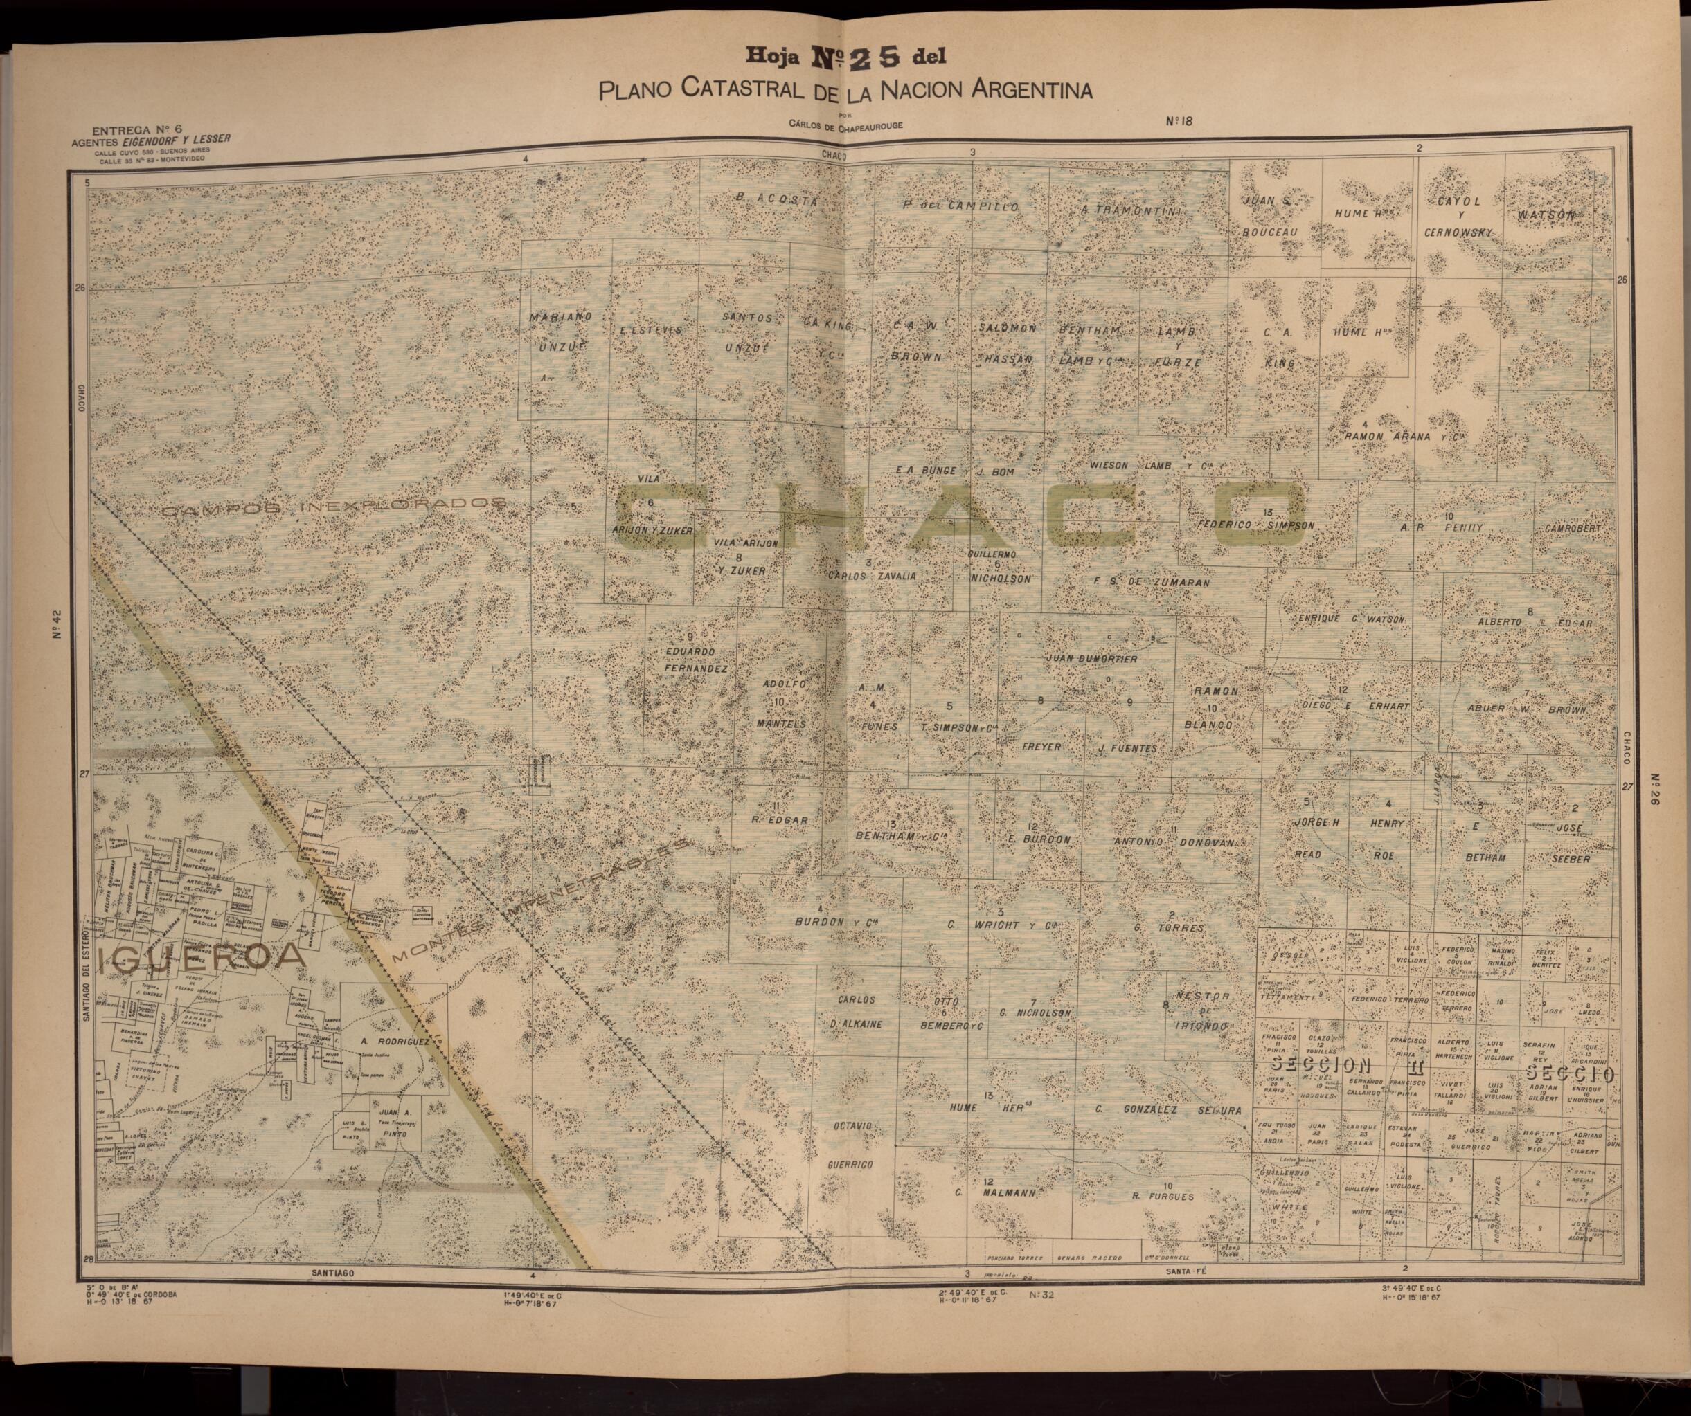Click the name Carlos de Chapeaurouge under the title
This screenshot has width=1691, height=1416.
(x=845, y=125)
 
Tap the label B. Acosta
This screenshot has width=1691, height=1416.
(x=777, y=201)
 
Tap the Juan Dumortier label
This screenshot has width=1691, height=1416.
(x=1091, y=658)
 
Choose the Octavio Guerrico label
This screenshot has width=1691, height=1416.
(x=850, y=1144)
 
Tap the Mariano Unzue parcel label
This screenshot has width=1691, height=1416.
(x=560, y=332)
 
